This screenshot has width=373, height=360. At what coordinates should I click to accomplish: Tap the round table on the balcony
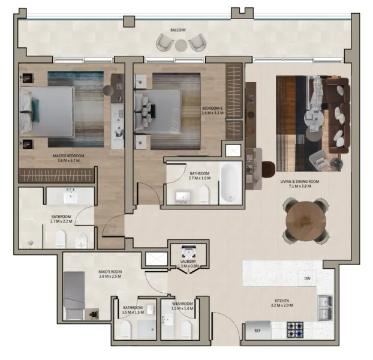181,44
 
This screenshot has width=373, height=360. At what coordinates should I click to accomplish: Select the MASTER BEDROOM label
68,156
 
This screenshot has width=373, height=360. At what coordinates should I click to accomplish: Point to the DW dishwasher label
306,278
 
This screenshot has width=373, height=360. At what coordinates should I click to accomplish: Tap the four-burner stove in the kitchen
294,329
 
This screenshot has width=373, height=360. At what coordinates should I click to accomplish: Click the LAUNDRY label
188,262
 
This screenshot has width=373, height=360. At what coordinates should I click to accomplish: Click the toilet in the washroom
186,329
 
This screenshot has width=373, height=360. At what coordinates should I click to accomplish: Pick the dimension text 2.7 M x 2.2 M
61,221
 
